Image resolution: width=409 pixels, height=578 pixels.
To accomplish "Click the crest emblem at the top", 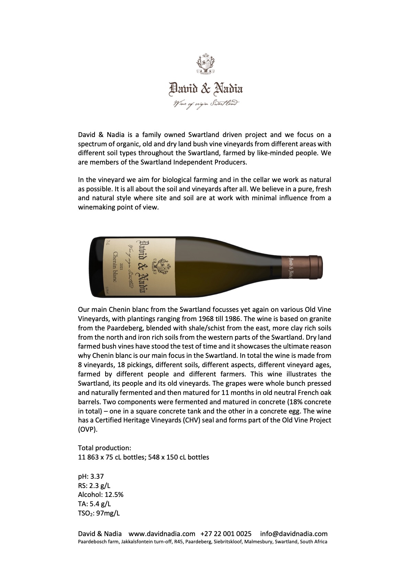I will [204, 64].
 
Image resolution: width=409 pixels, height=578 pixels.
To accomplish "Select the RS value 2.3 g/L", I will [99, 486].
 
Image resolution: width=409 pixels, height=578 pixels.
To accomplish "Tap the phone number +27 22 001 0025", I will [225, 534].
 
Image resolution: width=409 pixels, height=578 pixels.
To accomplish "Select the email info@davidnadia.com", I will [294, 534].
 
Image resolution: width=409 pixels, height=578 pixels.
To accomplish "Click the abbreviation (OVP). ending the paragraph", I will [88, 429].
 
